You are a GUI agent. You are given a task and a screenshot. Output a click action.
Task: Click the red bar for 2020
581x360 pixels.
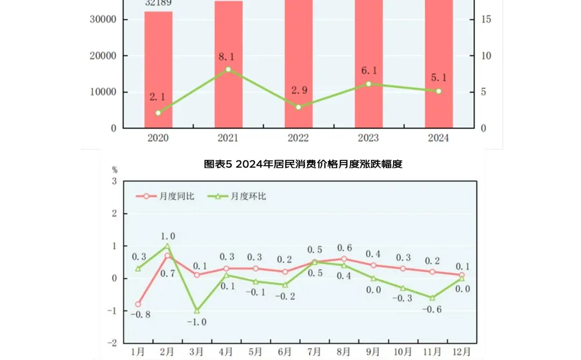coord(158,70)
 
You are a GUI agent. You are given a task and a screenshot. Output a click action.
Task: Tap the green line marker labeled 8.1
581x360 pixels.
coord(228,69)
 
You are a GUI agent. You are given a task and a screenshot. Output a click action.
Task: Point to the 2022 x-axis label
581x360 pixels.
coord(298,138)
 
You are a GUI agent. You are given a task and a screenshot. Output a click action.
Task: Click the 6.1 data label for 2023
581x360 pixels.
coord(369,70)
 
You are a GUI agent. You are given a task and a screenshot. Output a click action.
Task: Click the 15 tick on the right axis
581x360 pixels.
coord(486,19)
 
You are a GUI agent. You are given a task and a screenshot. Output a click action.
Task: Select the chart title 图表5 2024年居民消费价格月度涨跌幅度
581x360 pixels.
coord(303,164)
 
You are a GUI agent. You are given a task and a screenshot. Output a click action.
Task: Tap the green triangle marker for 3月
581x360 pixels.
coord(197,311)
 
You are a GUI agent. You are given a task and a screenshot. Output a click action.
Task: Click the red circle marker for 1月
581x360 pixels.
coord(138,304)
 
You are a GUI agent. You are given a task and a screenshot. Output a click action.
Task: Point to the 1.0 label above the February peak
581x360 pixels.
coord(167,236)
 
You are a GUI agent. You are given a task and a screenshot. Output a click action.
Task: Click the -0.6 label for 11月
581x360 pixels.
coord(432,309)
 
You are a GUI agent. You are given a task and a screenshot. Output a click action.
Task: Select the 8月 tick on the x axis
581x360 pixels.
coord(344,351)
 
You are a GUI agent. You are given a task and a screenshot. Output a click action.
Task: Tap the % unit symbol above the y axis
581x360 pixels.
coord(114,170)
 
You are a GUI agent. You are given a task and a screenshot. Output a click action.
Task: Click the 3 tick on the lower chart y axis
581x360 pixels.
coord(114,181)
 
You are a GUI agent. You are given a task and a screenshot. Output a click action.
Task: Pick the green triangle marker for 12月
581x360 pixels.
coord(462,278)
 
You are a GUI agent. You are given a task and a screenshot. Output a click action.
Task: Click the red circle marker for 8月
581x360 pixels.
coord(344,259)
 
